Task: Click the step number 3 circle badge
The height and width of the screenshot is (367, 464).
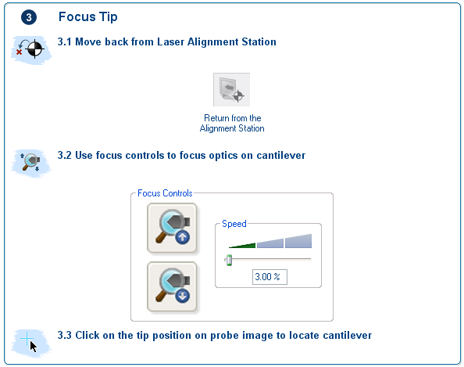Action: click(x=29, y=17)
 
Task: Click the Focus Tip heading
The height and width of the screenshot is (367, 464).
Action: click(x=88, y=17)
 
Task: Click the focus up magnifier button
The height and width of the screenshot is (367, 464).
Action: click(x=172, y=228)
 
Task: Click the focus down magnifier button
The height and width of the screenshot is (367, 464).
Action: click(x=172, y=286)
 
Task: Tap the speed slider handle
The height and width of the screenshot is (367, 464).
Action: click(x=229, y=260)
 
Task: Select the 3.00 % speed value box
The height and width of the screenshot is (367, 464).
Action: click(x=269, y=277)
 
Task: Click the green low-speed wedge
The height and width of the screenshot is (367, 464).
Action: click(x=242, y=246)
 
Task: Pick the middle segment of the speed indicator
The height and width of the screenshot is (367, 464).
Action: click(x=270, y=243)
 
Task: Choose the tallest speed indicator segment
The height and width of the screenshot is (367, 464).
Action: click(x=298, y=241)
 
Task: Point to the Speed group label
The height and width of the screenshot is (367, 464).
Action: click(x=234, y=224)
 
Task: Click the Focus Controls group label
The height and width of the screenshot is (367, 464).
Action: click(x=165, y=193)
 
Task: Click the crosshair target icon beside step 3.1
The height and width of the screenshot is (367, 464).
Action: click(x=34, y=49)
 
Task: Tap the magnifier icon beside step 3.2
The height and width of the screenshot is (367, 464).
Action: click(x=30, y=163)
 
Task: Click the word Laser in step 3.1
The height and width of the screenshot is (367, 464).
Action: click(x=170, y=41)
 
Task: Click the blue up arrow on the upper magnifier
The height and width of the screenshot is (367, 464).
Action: click(x=182, y=237)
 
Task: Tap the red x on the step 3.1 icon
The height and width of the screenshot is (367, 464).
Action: click(x=20, y=52)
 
